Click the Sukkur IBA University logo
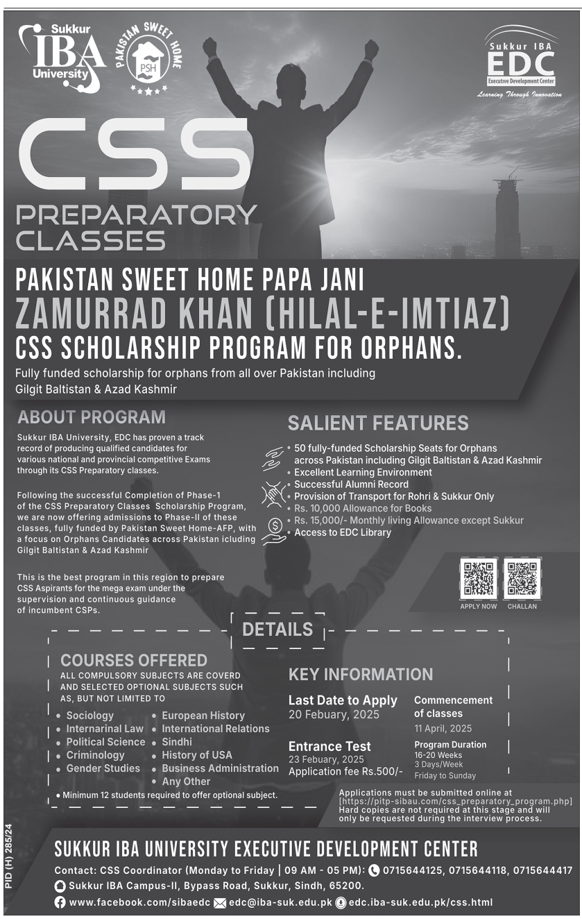(x=61, y=57)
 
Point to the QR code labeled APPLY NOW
(x=478, y=577)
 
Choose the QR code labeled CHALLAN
(x=522, y=577)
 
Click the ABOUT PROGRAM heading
(x=92, y=417)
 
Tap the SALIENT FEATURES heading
(x=378, y=423)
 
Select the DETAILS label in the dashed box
(x=277, y=630)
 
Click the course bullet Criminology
(x=95, y=755)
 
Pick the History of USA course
(x=197, y=755)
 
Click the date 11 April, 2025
(x=443, y=728)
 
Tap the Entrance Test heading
(x=329, y=746)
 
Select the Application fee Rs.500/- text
(x=345, y=772)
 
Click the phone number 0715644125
(x=411, y=870)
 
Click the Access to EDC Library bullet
(x=343, y=532)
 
